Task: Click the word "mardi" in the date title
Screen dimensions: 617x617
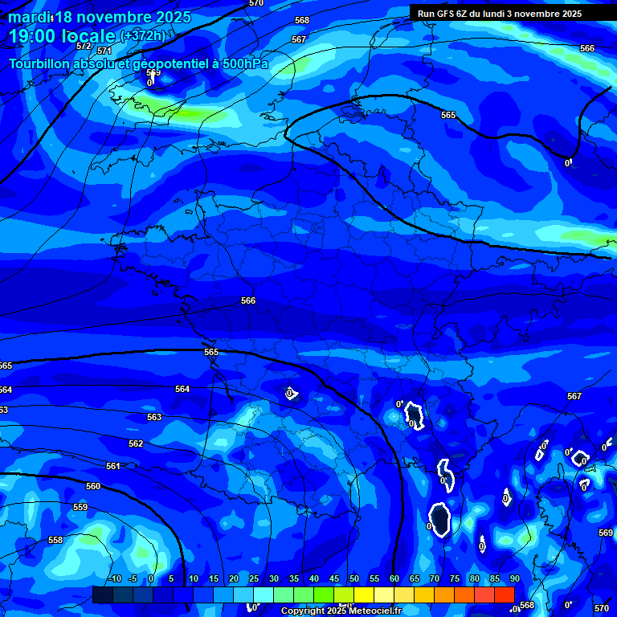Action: [x=31, y=18]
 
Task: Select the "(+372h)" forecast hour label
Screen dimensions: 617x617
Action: [x=142, y=35]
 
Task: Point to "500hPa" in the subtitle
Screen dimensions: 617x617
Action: [x=244, y=63]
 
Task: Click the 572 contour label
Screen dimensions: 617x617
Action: [x=84, y=46]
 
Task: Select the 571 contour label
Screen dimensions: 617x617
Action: [x=104, y=51]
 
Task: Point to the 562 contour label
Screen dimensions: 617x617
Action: [x=136, y=443]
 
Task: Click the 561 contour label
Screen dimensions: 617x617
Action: [x=113, y=466]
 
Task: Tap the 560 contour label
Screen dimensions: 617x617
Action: [x=93, y=486]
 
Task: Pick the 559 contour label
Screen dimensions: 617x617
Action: [x=80, y=507]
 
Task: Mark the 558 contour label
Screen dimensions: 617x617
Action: [x=55, y=540]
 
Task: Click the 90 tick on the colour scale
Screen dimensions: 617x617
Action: [x=514, y=579]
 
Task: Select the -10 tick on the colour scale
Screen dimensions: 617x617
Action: [x=115, y=579]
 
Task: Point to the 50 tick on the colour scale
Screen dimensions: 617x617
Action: [x=354, y=579]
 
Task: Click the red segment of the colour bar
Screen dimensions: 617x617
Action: [x=504, y=595]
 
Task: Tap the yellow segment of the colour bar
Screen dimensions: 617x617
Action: [x=364, y=595]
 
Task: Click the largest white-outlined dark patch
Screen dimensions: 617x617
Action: [x=439, y=520]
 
